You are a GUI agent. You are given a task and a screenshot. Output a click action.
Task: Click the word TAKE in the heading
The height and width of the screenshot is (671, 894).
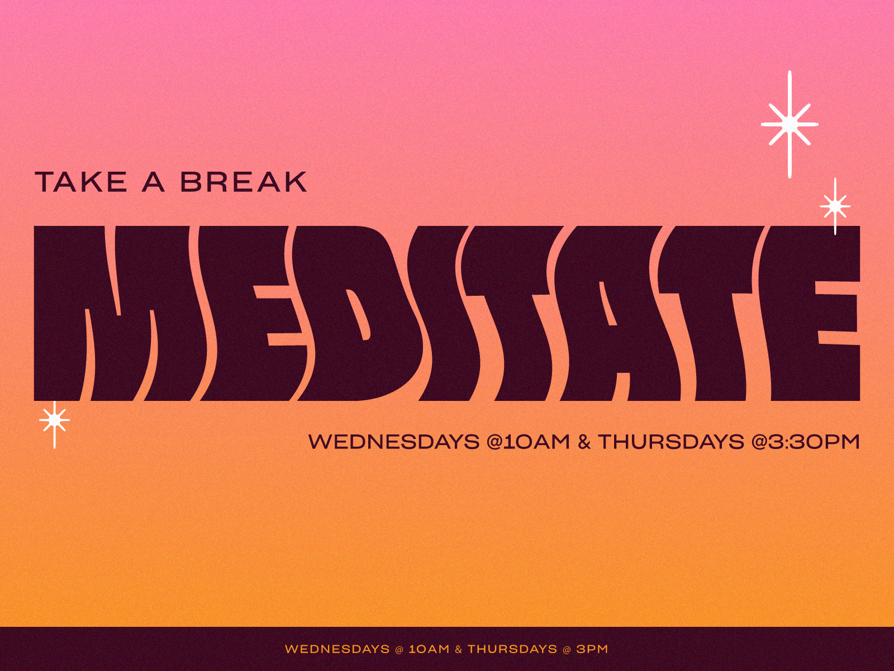pyautogui.click(x=81, y=182)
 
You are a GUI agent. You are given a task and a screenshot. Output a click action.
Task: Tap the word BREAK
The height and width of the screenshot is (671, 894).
pyautogui.click(x=244, y=182)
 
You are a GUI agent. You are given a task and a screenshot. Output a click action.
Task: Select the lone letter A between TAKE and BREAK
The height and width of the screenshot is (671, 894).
pyautogui.click(x=153, y=182)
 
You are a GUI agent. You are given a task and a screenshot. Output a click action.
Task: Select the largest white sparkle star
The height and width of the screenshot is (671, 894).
pyautogui.click(x=790, y=124)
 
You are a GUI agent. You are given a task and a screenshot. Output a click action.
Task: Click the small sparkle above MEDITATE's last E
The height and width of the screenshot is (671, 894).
pyautogui.click(x=835, y=206)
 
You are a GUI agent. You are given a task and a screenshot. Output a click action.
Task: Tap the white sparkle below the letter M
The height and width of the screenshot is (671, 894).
pyautogui.click(x=55, y=420)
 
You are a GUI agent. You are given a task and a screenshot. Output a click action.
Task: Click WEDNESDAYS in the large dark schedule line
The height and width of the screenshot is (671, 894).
pyautogui.click(x=394, y=442)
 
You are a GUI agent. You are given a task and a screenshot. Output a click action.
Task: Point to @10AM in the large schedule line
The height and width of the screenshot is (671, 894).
pyautogui.click(x=528, y=442)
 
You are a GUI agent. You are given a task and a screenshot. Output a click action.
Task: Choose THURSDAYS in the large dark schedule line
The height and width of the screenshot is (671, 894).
pyautogui.click(x=671, y=442)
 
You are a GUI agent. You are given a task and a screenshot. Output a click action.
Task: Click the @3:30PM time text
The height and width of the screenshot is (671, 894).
pyautogui.click(x=806, y=442)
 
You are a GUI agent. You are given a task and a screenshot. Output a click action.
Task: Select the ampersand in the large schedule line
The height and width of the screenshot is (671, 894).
pyautogui.click(x=584, y=442)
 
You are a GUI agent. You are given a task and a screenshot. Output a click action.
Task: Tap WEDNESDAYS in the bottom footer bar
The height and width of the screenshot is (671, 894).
pyautogui.click(x=337, y=649)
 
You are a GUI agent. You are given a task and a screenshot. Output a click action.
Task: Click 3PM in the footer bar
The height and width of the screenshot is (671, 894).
pyautogui.click(x=592, y=649)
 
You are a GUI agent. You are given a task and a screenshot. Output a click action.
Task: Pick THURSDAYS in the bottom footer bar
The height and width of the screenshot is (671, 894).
pyautogui.click(x=512, y=649)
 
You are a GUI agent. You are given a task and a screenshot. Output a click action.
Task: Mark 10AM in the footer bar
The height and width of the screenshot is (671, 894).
pyautogui.click(x=429, y=649)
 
